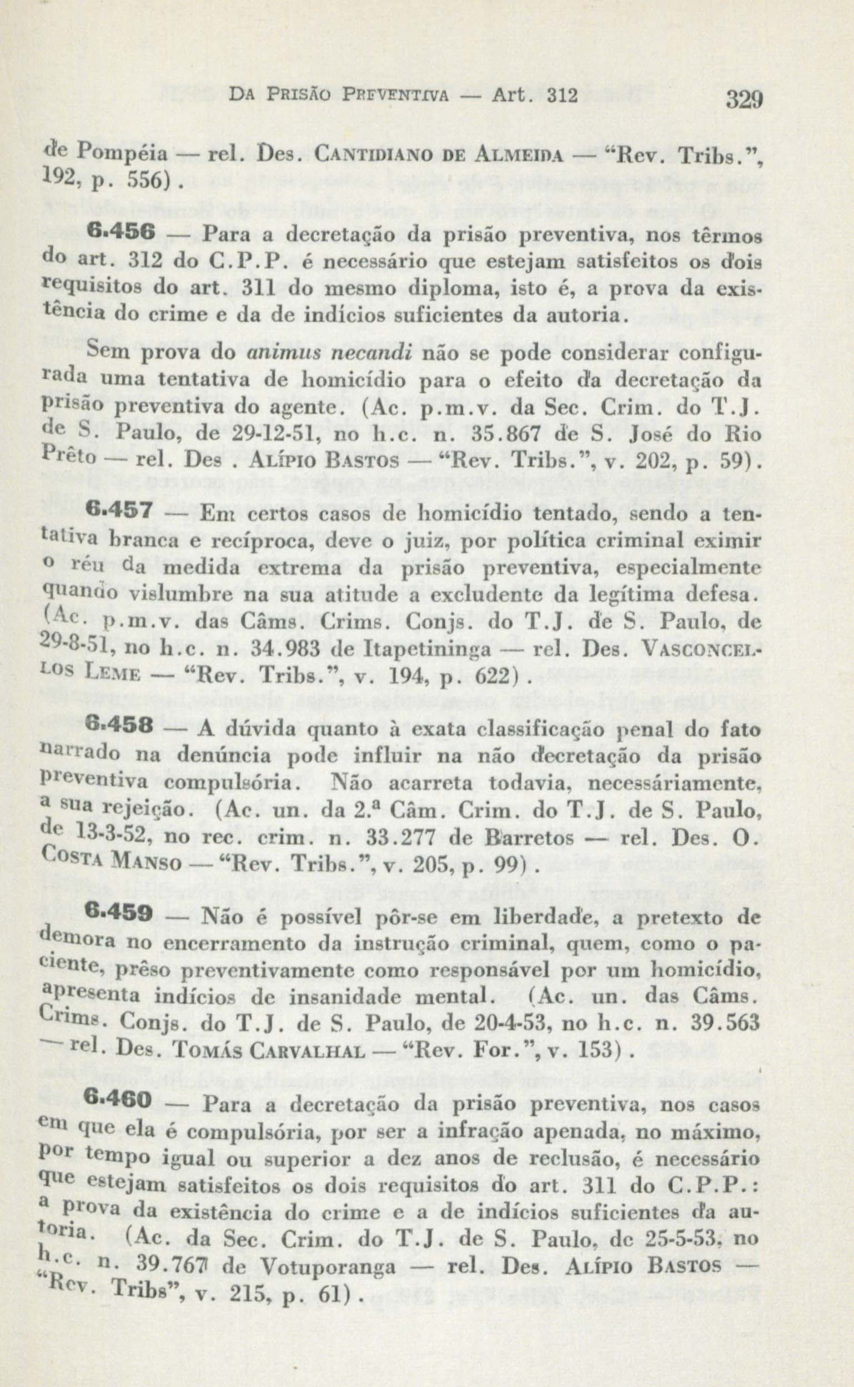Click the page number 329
(744, 101)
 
